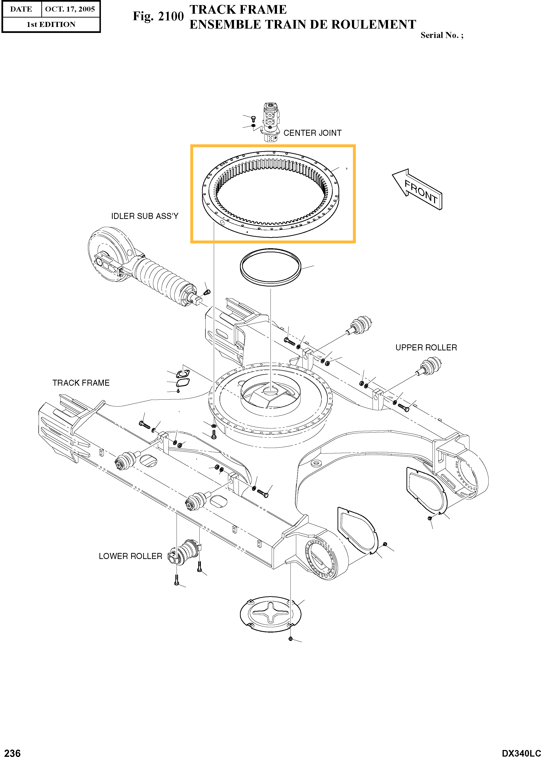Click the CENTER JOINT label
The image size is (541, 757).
pyautogui.click(x=312, y=133)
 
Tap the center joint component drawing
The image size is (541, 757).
pyautogui.click(x=270, y=122)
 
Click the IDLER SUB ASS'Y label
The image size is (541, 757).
pyautogui.click(x=145, y=216)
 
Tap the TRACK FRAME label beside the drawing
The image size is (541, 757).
pyautogui.click(x=81, y=383)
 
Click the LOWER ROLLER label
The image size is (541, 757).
pyautogui.click(x=130, y=556)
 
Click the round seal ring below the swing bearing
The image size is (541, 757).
pyautogui.click(x=270, y=267)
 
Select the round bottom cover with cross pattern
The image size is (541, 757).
pyautogui.click(x=270, y=614)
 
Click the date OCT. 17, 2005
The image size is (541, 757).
pyautogui.click(x=70, y=9)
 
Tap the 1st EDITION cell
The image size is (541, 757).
pyautogui.click(x=51, y=24)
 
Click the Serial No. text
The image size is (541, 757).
pyautogui.click(x=441, y=35)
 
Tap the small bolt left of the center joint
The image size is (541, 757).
pyautogui.click(x=253, y=118)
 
